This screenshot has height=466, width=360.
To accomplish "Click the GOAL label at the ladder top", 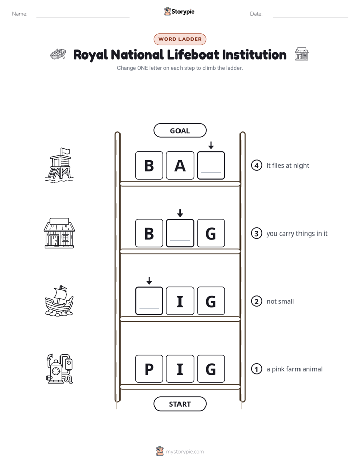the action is pos(179,130).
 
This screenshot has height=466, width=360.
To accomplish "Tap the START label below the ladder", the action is pos(179,404).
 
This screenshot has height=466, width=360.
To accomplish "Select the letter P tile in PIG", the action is pos(149,369).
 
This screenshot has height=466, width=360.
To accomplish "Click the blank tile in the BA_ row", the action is pos(211,165).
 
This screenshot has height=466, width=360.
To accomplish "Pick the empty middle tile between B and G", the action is pos(180,233).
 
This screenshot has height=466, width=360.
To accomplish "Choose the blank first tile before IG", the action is pos(149,301).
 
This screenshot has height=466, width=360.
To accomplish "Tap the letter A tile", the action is pos(180,165).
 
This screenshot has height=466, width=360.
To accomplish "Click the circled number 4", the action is pos(256,165).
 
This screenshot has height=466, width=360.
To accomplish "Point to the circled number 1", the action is pos(256,369).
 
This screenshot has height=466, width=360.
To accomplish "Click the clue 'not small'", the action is pos(280,301).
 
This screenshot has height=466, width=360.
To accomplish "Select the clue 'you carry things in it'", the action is pos(297,234).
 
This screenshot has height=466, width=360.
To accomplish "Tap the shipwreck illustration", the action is pos(59,301).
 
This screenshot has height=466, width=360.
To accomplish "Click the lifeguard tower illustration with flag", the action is pos(59,165).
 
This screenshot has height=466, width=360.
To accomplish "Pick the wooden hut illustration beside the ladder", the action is pos(59,232).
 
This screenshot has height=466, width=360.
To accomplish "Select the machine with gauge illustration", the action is pos(59,369).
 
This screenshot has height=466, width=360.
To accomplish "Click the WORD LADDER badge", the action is pos(179,39).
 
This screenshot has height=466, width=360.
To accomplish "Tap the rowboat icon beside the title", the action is pos(58,54).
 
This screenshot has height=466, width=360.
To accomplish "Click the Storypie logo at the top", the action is pos(179,11).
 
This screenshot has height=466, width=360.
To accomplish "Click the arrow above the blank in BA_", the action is pos(211,145).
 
